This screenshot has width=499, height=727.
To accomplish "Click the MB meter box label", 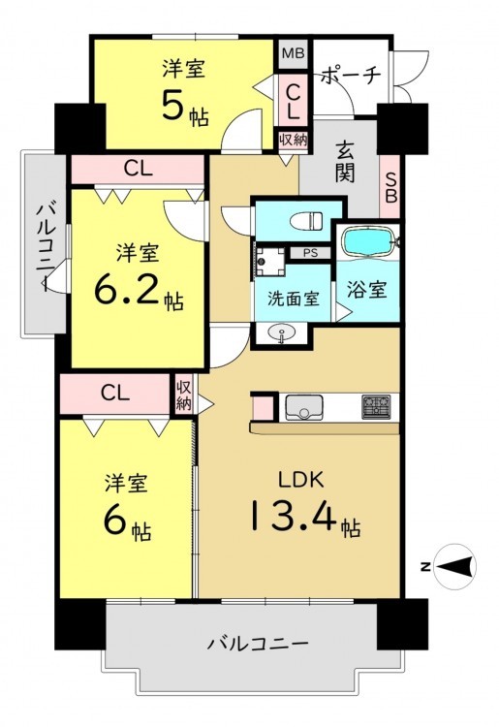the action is (294, 53).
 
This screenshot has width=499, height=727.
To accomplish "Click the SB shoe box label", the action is (391, 188).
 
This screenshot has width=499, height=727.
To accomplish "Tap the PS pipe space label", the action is (310, 254).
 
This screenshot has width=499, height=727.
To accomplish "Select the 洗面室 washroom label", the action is (294, 299).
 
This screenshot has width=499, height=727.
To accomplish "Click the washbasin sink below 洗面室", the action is (281, 332).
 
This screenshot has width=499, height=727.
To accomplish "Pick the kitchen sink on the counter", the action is (304, 407).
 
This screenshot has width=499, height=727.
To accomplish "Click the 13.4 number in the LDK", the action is (294, 515).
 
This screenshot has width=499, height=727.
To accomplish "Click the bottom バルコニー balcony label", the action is (257, 644).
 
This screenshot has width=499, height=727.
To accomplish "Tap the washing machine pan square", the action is (269, 262).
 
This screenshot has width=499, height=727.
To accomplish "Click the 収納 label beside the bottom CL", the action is (183, 395).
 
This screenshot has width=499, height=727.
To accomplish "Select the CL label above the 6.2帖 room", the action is (138, 170).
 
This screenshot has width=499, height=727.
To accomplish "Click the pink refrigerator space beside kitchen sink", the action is (263, 408).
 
